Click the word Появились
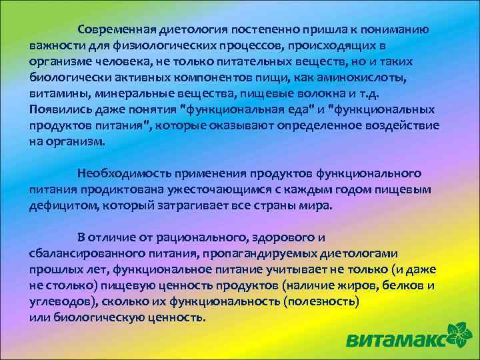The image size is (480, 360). point(57,109)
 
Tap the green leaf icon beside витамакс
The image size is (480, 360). point(461,333)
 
